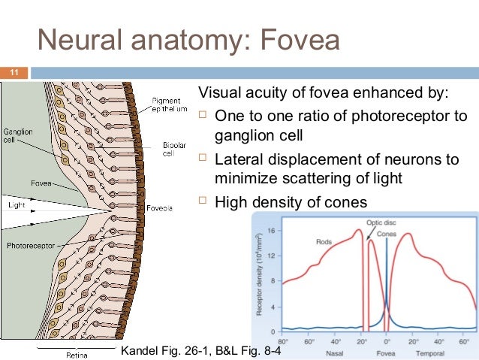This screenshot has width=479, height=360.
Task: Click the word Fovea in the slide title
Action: tap(294, 40)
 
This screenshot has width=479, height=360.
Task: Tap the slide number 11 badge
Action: tap(13, 73)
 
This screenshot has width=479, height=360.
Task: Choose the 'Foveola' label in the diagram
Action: tap(161, 207)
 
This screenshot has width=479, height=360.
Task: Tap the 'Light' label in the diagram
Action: tap(16, 204)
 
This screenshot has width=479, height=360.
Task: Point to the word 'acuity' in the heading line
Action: tap(263, 93)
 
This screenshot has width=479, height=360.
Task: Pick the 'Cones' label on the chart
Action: tap(387, 234)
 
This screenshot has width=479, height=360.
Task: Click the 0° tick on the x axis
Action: tap(386, 340)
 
